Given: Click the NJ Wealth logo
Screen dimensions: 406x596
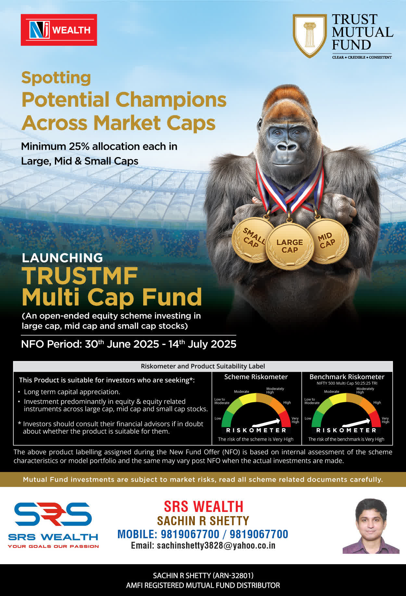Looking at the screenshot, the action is tap(59, 30).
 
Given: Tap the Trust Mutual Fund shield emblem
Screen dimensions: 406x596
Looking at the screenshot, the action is tap(310, 35).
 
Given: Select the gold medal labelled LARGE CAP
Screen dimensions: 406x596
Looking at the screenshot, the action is tap(290, 246).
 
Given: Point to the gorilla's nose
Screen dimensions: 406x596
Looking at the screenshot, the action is tap(287, 147).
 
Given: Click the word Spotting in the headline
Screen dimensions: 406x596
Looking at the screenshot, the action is tap(56, 78).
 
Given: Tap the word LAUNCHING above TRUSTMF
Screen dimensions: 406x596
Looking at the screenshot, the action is tap(62, 258).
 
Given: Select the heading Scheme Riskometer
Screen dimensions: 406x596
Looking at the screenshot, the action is tap(256, 377).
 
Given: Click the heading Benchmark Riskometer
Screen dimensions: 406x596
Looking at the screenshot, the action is tap(347, 377).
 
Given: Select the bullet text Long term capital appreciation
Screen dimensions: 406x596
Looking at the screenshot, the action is tap(72, 392).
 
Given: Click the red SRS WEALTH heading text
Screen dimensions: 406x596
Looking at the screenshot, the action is tap(203, 506).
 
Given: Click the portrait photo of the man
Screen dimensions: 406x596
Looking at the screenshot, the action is tap(371, 526).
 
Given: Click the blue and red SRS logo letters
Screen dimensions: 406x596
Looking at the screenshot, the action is tap(53, 514).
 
